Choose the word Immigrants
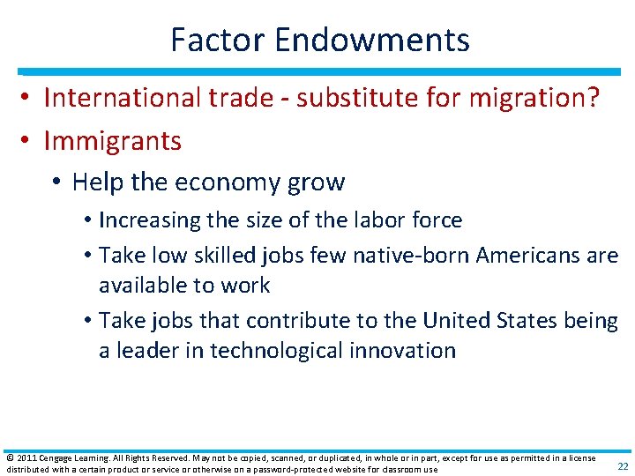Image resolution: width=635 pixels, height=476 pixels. click(x=112, y=140)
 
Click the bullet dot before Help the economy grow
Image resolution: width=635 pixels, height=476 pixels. click(x=56, y=182)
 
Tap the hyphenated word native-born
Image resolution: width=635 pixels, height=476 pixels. click(x=411, y=255)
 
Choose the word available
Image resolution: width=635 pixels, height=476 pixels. click(x=141, y=285)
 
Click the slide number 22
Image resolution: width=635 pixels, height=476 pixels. click(x=623, y=466)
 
